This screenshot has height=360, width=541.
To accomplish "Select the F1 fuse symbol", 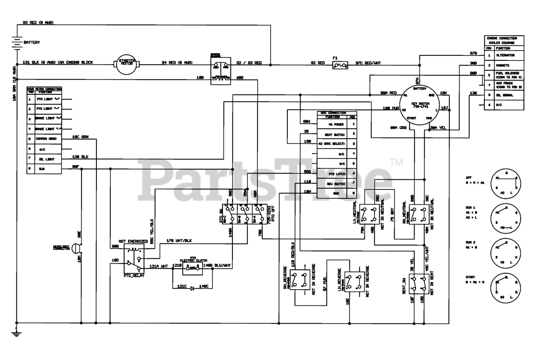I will (x=340, y=65).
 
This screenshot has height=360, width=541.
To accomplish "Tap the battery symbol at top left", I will (x=16, y=42).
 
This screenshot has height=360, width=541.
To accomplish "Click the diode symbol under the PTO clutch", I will (x=192, y=288).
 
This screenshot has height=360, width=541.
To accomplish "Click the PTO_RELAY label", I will (x=134, y=275).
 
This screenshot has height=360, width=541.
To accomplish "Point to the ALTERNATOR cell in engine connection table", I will (x=505, y=55).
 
